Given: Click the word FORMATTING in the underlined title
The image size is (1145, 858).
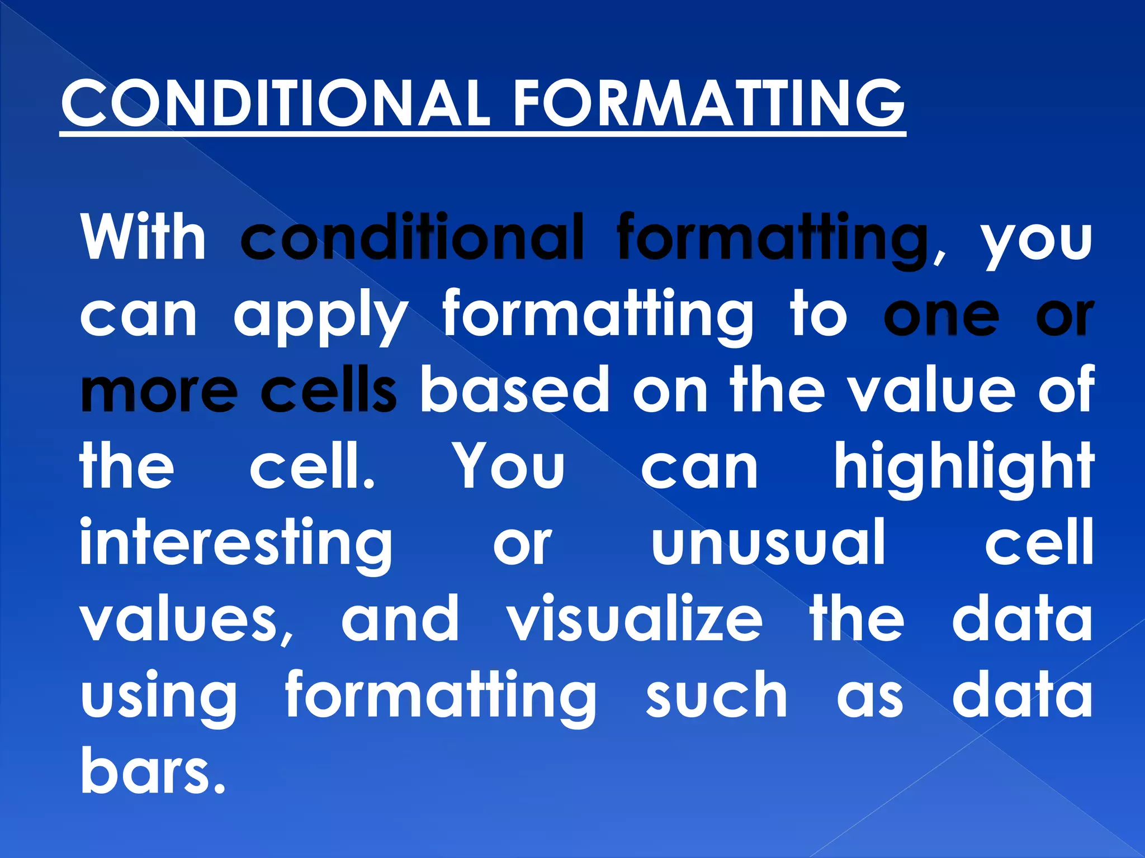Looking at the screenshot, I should click(x=708, y=104).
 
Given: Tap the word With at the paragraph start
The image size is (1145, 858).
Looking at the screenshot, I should click(x=144, y=237).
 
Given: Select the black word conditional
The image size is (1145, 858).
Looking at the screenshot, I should click(x=412, y=237).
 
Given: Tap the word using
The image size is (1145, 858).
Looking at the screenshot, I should click(x=159, y=697).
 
